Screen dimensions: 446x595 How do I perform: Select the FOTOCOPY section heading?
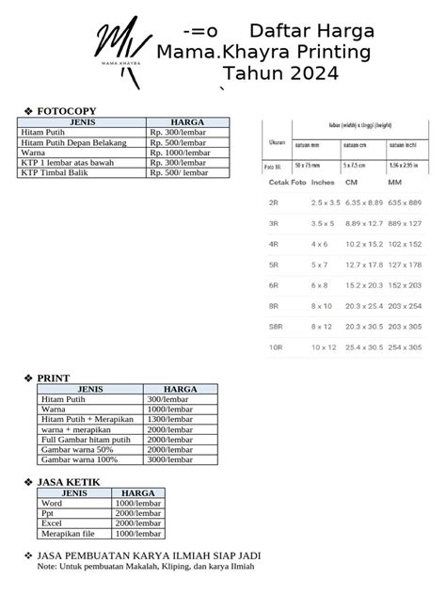click(x=66, y=111)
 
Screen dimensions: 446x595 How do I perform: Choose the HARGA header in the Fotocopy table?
click(x=187, y=121)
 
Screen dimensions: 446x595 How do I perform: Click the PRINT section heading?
click(x=53, y=378)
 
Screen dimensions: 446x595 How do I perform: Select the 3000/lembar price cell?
click(x=169, y=458)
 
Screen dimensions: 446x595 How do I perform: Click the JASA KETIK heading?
click(x=69, y=482)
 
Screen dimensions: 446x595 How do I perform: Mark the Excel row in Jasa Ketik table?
click(x=53, y=523)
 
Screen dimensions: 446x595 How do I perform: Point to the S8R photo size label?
click(x=276, y=326)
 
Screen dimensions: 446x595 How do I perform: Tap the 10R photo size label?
click(x=276, y=347)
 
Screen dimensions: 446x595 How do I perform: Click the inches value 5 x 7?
click(x=323, y=265)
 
